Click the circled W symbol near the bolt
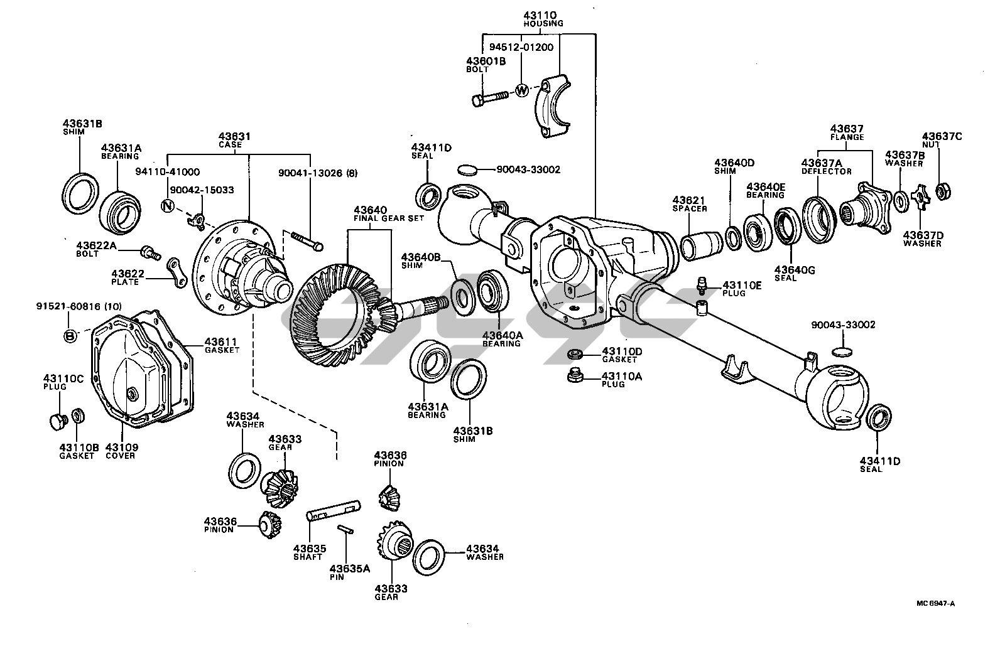(521, 90)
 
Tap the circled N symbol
(168, 206)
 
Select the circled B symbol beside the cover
(70, 335)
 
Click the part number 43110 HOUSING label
(543, 19)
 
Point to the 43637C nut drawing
(942, 191)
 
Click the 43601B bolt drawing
(490, 98)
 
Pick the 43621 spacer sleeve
(702, 245)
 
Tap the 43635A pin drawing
(346, 529)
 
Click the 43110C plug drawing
(58, 421)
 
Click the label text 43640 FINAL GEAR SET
(388, 213)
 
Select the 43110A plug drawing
(575, 376)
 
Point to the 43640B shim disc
(464, 297)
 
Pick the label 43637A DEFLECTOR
(827, 167)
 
